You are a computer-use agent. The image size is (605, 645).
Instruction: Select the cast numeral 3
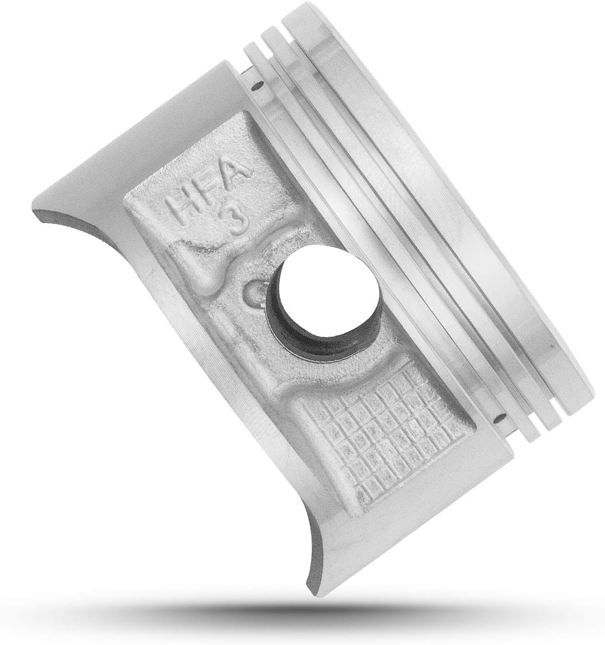click(239, 221)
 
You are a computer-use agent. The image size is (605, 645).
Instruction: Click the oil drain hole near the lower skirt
click(500, 417)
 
